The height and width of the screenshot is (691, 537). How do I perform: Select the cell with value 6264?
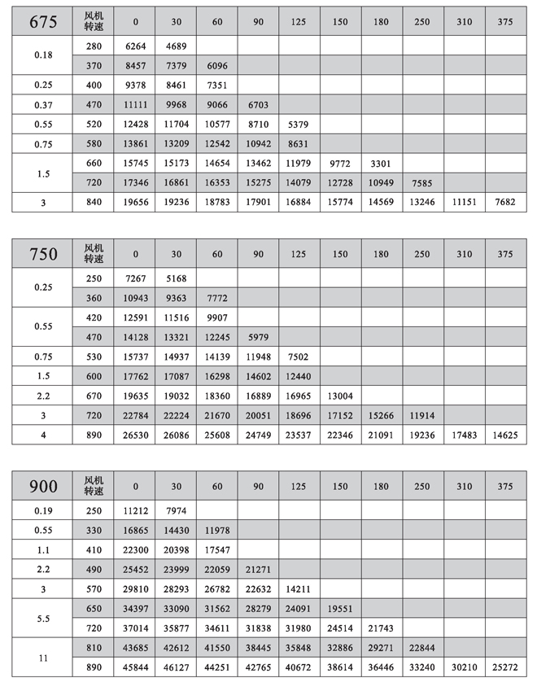pyautogui.click(x=136, y=47)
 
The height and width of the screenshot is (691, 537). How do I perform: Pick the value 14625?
pyautogui.click(x=505, y=435)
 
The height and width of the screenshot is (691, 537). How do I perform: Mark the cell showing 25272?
pyautogui.click(x=505, y=667)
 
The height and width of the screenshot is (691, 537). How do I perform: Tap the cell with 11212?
pyautogui.click(x=136, y=511)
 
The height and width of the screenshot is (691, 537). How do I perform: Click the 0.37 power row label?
pyautogui.click(x=43, y=105)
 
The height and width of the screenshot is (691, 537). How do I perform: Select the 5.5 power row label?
pyautogui.click(x=43, y=619)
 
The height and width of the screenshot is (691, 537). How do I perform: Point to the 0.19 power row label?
pyautogui.click(x=43, y=511)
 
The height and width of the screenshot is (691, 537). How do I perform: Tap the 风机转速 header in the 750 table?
pyautogui.click(x=94, y=254)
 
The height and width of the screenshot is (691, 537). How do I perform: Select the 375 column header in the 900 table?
pyautogui.click(x=505, y=486)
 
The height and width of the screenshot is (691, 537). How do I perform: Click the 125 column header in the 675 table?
pyautogui.click(x=299, y=22)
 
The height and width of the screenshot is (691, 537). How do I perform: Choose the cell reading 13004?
pyautogui.click(x=340, y=396)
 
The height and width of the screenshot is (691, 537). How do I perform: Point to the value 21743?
pyautogui.click(x=382, y=628)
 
